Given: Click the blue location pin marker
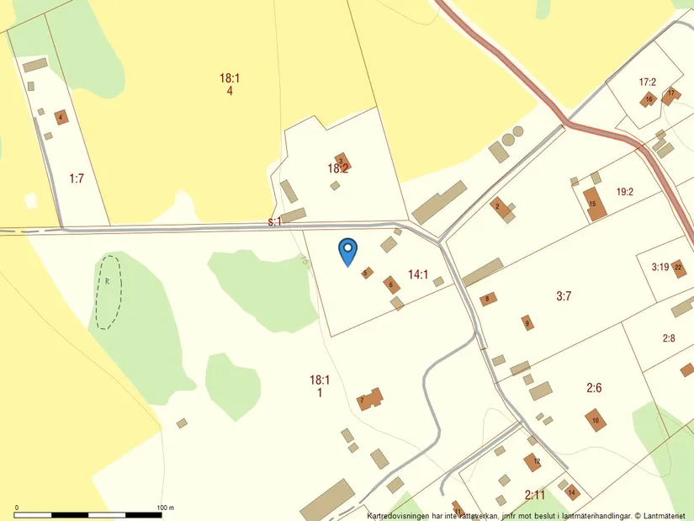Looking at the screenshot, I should (347, 251).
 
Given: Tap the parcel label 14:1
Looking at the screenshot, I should (418, 274).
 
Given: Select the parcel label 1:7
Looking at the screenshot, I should (77, 178).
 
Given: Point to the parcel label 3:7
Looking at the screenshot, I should (564, 295).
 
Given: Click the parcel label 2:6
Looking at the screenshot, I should (594, 388).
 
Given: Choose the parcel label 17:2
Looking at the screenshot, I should (647, 82).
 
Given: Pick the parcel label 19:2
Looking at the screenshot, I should (624, 192).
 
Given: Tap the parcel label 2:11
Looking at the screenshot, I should (534, 494).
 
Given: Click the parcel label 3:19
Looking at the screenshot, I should (660, 268).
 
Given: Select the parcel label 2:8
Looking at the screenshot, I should (669, 338).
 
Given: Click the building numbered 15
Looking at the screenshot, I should (594, 205).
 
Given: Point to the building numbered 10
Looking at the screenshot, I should (596, 420).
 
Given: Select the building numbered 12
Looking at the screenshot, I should (532, 461).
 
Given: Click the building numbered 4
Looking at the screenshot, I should (61, 117).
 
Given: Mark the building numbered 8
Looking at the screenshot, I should (487, 299).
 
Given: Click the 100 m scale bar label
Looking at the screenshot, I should (165, 508).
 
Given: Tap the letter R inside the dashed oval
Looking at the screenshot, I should (108, 280).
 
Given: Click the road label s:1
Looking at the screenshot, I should (274, 221).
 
